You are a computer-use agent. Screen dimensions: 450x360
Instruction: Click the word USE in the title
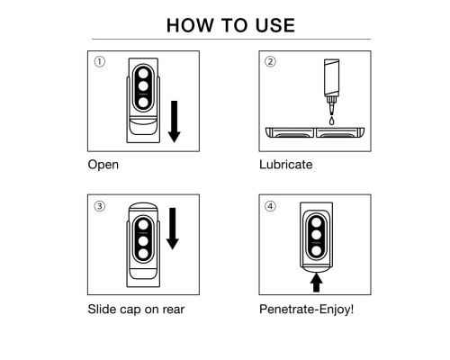point(275,25)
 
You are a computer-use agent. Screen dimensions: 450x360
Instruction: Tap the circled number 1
point(100,62)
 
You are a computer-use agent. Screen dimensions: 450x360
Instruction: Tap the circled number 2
point(270,62)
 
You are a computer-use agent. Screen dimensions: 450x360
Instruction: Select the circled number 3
point(100,206)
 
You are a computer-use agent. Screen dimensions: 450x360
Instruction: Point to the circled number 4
point(270,206)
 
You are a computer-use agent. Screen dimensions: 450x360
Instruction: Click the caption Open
point(103,165)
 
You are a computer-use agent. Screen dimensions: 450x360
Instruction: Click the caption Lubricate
point(286,165)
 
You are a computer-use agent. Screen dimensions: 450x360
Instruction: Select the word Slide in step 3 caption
point(102,309)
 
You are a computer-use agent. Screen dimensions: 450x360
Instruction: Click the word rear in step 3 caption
point(174,310)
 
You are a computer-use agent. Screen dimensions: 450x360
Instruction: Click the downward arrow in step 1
point(174,121)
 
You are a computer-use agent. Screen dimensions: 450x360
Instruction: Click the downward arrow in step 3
point(173,229)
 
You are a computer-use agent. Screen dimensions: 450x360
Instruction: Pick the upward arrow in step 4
point(317,282)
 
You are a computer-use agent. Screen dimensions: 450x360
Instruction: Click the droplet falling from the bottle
point(331,121)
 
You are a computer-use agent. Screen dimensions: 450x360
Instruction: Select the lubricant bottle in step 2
point(331,86)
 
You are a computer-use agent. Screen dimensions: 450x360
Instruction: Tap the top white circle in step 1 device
point(143,74)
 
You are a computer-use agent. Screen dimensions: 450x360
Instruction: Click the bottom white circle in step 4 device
point(317,251)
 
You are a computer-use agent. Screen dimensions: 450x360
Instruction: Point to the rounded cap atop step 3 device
point(143,208)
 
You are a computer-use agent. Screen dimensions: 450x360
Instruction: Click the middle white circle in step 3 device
point(143,241)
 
